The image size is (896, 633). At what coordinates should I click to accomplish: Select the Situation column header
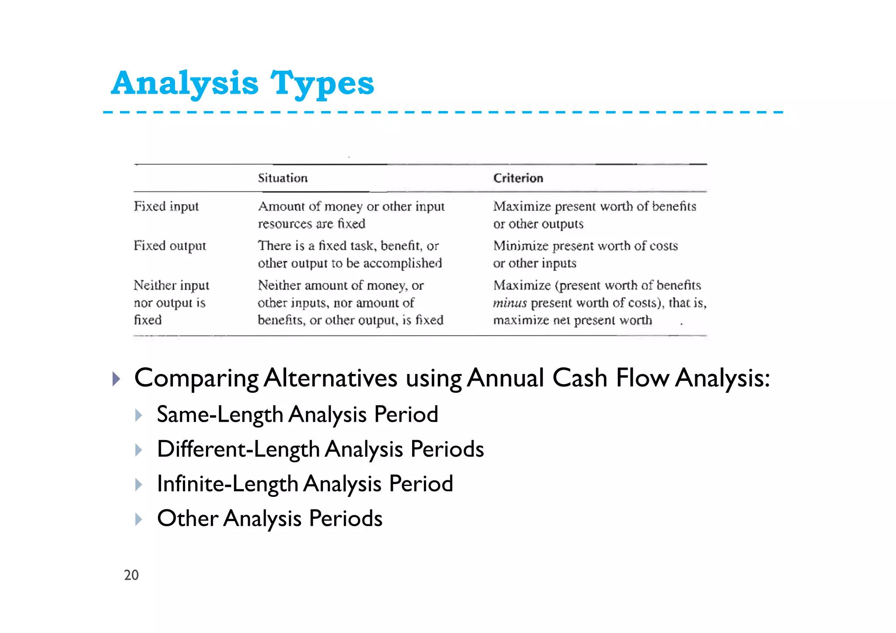point(283,178)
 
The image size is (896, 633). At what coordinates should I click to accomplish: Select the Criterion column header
point(518,178)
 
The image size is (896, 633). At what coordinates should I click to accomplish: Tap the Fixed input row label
point(166,206)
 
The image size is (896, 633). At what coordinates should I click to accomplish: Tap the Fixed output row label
point(169,245)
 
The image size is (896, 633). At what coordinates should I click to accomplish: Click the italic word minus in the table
point(509,303)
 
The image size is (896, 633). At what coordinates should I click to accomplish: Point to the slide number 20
point(131,575)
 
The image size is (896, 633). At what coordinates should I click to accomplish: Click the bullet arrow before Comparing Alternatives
point(116,379)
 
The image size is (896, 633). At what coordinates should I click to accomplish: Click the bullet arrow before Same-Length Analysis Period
point(139,415)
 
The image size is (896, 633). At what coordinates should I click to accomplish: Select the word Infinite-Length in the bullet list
point(227,484)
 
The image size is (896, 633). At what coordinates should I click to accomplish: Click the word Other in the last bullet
point(187,518)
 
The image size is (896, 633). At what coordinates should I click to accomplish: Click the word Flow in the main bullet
point(642,378)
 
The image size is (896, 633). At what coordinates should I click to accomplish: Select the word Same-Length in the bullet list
point(220,415)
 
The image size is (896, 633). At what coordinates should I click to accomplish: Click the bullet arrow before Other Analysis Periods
point(139,519)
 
